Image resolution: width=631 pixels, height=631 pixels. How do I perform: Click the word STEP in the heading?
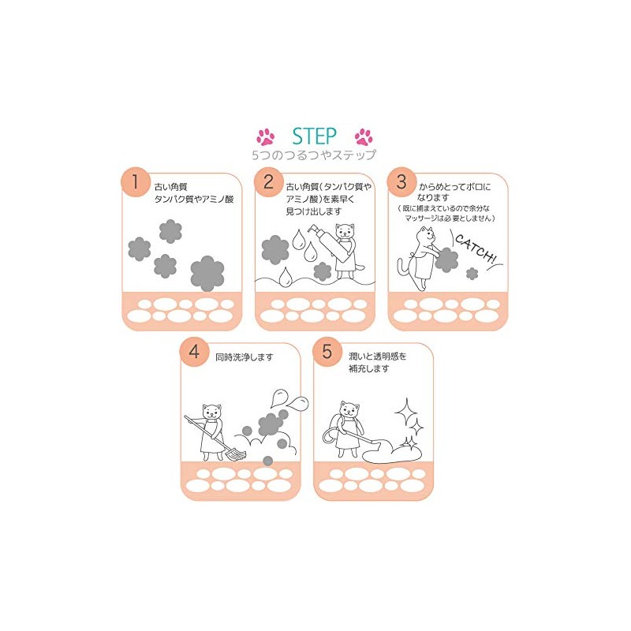(314, 135)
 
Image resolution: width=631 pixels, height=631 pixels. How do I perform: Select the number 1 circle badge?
(136, 182)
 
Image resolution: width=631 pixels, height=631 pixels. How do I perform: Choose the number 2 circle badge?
(268, 182)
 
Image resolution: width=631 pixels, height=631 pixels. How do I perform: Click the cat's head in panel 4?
(211, 412)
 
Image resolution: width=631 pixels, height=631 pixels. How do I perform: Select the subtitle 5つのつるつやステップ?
(314, 155)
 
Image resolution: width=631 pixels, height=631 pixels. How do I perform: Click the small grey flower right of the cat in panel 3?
(472, 273)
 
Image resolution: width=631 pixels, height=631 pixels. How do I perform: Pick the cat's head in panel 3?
(428, 235)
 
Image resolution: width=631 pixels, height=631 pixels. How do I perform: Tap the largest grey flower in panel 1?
(207, 271)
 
